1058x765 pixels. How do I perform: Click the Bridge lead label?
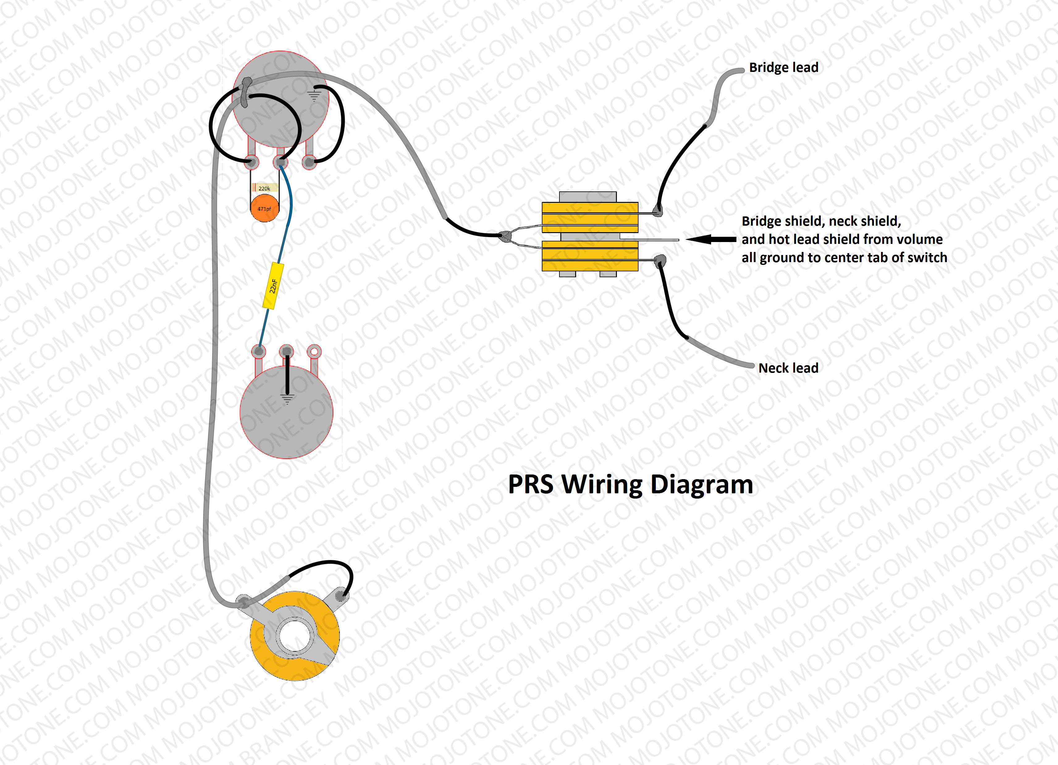[x=783, y=68]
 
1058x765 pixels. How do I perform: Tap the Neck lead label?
[x=788, y=368]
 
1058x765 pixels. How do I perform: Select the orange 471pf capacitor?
[x=264, y=208]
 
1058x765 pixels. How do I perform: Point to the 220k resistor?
[x=264, y=188]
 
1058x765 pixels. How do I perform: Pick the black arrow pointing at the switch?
[x=711, y=239]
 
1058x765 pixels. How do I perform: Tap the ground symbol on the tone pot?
[x=287, y=399]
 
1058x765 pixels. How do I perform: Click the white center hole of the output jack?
[x=294, y=636]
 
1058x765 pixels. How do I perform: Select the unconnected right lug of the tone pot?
[x=314, y=351]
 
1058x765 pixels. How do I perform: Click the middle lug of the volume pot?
[x=280, y=162]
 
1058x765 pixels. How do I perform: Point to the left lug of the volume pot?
[x=252, y=162]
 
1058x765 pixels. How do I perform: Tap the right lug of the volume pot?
[x=309, y=162]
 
